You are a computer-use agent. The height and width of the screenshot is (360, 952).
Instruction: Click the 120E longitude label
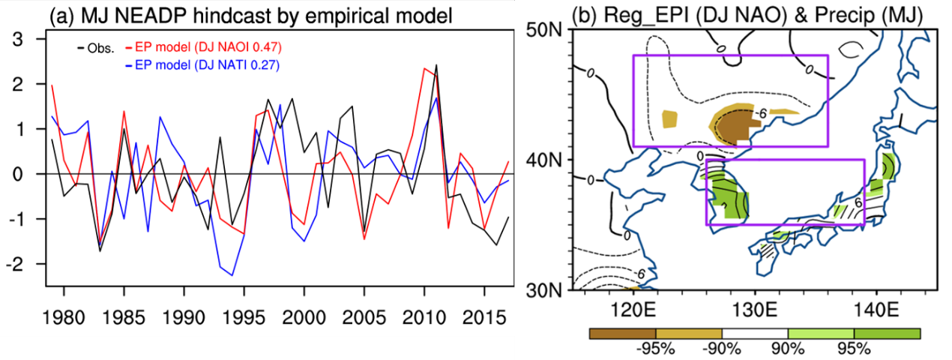pyautogui.click(x=634, y=309)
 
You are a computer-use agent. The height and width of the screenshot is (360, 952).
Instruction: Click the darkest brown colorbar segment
pyautogui.click(x=622, y=333)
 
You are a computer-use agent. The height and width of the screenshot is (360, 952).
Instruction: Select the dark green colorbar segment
pyautogui.click(x=887, y=333)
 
